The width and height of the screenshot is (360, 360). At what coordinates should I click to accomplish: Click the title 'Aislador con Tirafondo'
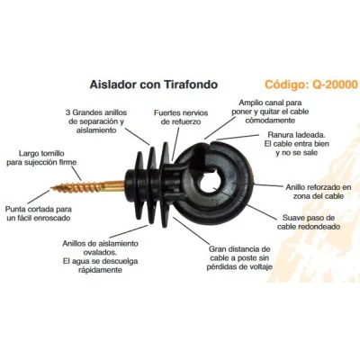154,85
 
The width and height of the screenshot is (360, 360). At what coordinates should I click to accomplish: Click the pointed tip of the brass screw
51,188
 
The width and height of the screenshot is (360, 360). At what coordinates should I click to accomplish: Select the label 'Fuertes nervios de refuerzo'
181,117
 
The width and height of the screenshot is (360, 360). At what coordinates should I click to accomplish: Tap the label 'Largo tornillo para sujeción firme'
41,157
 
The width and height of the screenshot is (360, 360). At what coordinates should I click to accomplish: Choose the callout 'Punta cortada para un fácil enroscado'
39,213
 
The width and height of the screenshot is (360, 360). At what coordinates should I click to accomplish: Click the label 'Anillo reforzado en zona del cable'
318,192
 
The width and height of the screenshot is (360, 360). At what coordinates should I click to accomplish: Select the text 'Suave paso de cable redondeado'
309,222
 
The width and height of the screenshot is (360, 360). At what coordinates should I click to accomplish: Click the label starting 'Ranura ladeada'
297,144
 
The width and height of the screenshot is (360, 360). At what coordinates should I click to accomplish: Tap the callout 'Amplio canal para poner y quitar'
270,112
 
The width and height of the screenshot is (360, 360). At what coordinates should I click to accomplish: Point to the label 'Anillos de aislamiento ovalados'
101,256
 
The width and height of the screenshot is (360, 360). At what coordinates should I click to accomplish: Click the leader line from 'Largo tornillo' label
76,174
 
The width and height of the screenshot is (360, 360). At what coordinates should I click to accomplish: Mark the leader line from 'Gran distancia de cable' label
192,230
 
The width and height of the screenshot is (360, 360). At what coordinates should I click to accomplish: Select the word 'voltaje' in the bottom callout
259,266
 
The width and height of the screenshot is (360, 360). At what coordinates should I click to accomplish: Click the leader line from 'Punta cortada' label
40,197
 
